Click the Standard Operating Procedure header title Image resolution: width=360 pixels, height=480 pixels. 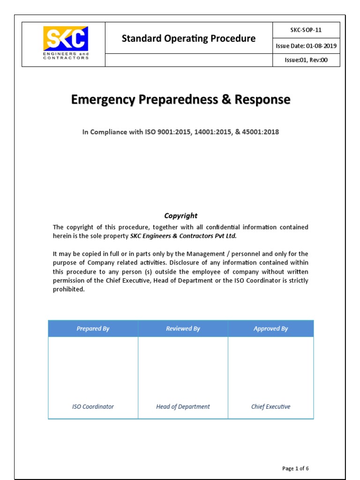click(x=188, y=38)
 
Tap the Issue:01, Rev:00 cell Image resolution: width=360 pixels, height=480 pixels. click(x=306, y=60)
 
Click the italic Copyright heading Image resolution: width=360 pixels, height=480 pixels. click(x=180, y=216)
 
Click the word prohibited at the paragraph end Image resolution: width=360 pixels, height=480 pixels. click(x=68, y=289)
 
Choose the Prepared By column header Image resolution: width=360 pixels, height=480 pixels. click(x=93, y=329)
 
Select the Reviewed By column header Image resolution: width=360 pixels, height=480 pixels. click(x=183, y=329)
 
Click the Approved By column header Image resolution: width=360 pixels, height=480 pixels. click(x=270, y=329)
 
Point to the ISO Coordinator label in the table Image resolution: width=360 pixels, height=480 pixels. click(x=93, y=406)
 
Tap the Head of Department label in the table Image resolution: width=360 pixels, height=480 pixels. click(x=183, y=406)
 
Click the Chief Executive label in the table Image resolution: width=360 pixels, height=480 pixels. click(x=270, y=406)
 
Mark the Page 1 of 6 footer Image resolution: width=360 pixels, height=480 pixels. click(x=295, y=468)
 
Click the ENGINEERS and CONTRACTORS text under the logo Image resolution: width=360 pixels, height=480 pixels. click(x=65, y=56)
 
